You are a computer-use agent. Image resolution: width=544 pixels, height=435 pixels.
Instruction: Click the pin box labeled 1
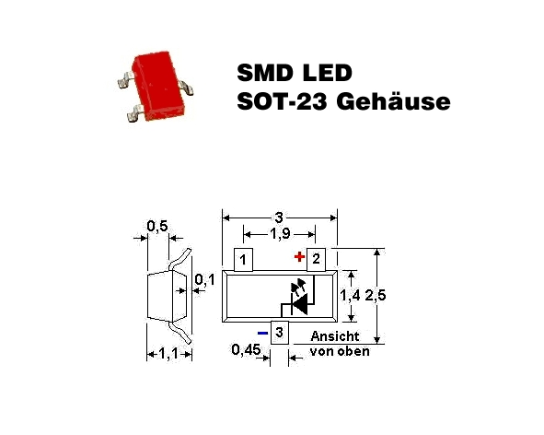243,260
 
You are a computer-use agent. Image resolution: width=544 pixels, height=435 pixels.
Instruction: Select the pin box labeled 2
316,260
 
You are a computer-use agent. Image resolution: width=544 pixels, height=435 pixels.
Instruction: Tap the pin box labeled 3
279,333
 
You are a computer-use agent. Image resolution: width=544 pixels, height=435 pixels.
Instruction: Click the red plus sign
299,257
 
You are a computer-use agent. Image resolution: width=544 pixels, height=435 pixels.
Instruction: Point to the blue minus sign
262,334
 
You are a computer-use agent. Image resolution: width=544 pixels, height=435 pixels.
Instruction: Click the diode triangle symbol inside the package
300,304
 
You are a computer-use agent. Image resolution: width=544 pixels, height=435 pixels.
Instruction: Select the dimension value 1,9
280,234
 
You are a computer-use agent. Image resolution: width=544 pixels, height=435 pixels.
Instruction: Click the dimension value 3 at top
279,217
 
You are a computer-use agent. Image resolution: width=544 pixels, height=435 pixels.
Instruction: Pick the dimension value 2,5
376,295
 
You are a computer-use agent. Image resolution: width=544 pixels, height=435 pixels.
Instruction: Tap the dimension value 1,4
350,295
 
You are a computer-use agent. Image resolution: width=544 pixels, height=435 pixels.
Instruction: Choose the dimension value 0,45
246,349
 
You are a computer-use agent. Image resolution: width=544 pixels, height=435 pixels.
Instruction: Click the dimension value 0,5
157,226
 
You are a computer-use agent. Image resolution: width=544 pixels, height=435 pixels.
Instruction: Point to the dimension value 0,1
204,279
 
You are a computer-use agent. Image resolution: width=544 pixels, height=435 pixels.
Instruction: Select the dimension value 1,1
168,354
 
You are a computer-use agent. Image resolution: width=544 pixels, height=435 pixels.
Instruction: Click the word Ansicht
335,336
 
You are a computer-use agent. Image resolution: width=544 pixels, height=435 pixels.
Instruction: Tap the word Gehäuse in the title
393,101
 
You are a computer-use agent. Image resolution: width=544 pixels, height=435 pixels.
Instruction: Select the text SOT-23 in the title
282,101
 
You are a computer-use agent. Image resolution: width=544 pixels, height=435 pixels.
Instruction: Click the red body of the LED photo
157,85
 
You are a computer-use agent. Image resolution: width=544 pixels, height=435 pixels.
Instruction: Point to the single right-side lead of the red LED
186,88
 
